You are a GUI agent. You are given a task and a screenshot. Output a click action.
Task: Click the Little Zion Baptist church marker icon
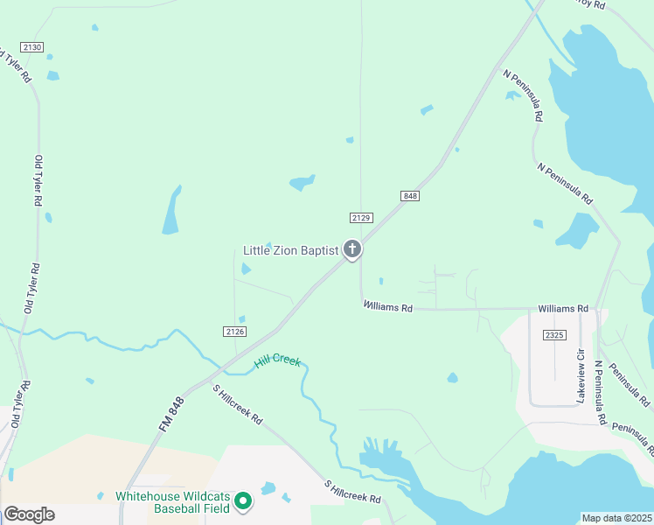(x=352, y=250)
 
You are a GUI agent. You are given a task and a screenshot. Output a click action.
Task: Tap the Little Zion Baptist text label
(x=290, y=251)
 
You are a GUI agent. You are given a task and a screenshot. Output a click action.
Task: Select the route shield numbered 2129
(x=361, y=217)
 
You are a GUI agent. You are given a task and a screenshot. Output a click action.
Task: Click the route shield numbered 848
(x=411, y=196)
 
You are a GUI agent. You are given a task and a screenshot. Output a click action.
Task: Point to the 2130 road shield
(x=32, y=46)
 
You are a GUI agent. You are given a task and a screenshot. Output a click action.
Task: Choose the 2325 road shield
(x=553, y=335)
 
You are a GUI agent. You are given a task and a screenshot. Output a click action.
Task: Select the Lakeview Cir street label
(x=581, y=375)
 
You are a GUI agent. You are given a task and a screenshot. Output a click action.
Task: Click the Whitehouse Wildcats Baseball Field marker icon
(x=244, y=501)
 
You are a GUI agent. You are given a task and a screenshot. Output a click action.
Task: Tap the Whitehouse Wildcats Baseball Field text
(x=172, y=501)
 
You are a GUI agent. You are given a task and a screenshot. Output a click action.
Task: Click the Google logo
(x=28, y=514)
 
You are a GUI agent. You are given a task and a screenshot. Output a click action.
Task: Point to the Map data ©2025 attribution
(x=616, y=518)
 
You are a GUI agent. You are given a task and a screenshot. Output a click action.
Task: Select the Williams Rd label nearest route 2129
(x=388, y=307)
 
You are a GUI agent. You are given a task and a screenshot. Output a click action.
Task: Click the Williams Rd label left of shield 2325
(x=563, y=309)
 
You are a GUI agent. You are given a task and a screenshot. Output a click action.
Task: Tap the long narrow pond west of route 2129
(x=171, y=211)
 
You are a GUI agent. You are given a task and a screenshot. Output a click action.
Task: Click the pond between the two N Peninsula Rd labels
(x=576, y=231)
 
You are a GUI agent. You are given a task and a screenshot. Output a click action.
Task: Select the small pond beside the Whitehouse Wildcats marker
(x=268, y=488)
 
